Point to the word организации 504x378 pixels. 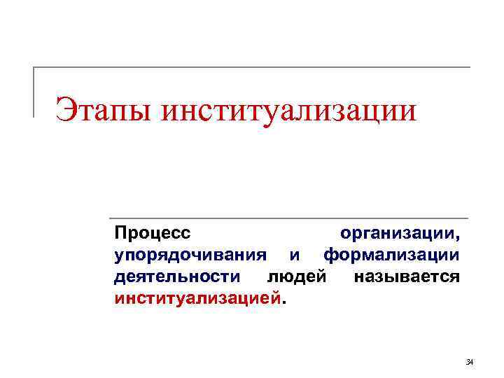[398, 232]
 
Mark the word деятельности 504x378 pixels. [175, 276]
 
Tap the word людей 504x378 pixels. [297, 276]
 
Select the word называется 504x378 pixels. [407, 276]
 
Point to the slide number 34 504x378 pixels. [470, 362]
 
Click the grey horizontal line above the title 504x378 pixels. [252, 67]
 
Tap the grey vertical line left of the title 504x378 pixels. [34, 92]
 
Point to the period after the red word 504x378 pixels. [283, 302]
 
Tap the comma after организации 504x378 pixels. [458, 236]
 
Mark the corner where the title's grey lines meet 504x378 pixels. [34, 67]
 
